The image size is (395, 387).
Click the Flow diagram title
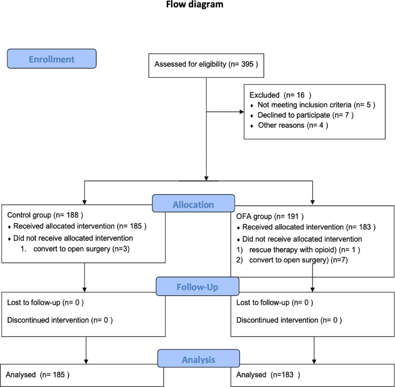[195, 4]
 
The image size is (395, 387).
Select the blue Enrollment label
[52, 59]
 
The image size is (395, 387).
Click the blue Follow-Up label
[197, 287]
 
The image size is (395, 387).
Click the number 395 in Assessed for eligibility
[247, 64]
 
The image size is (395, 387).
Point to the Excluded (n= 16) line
[280, 95]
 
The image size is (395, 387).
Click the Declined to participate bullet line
[305, 115]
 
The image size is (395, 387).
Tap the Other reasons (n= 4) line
[293, 125]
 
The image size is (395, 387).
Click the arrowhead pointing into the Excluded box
[242, 112]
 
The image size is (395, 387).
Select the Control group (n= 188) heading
[45, 215]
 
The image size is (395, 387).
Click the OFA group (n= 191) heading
[270, 216]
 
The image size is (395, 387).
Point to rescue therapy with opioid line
[304, 249]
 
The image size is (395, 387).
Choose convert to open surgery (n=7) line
[298, 260]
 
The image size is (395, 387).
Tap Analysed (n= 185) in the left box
[37, 375]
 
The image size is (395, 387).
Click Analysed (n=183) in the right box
[268, 375]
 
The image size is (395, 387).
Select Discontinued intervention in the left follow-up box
[60, 320]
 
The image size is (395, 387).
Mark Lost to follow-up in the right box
[274, 303]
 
